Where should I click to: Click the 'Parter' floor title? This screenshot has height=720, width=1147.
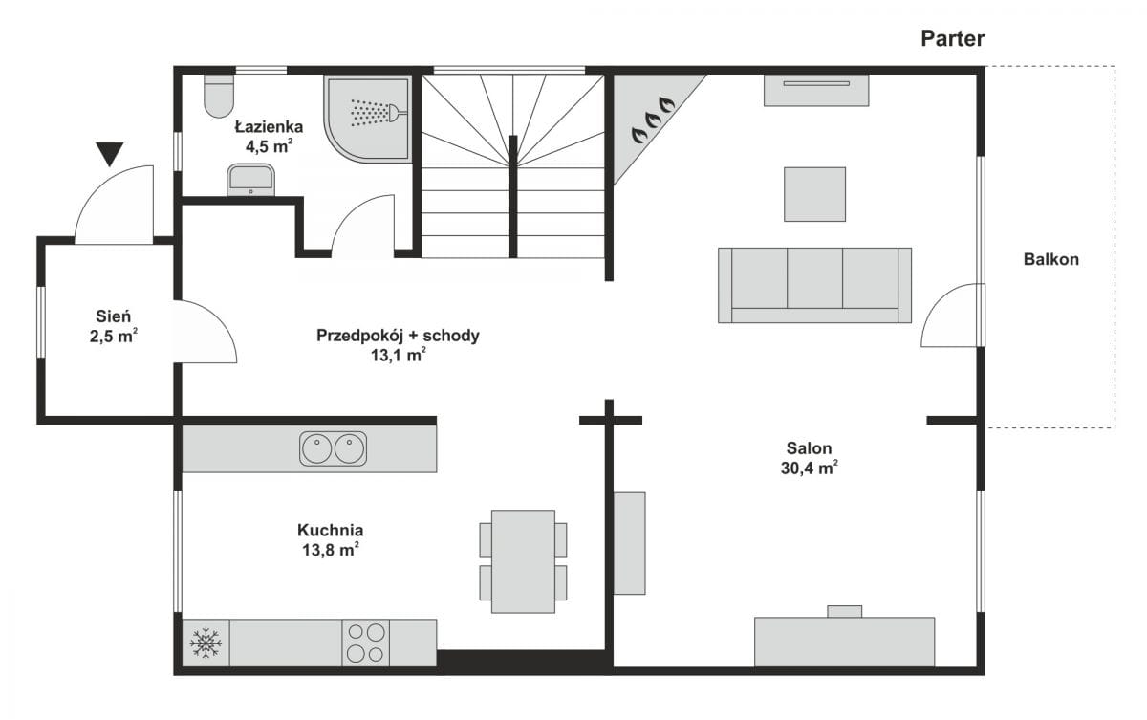coord(952,39)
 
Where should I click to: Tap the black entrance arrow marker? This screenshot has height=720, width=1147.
coord(110,154)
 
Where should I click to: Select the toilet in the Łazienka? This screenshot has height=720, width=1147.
coord(219,97)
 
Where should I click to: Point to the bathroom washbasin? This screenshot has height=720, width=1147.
coord(250,180)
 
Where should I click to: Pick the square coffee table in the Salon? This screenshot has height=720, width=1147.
coord(814,194)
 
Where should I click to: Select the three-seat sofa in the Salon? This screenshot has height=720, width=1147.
coord(814,285)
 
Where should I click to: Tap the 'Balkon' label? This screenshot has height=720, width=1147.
coord(1051,260)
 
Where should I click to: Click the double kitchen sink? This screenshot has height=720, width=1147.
coord(333,448)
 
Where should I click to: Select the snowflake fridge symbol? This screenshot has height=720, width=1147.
coord(206,643)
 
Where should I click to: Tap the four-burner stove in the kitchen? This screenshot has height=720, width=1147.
coord(365,643)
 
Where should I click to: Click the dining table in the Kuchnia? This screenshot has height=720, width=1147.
coord(523,561)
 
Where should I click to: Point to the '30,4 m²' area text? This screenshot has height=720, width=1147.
coord(810,469)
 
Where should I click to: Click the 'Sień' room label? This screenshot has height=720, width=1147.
coord(113,316)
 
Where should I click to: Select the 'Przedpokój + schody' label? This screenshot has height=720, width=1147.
coord(398,336)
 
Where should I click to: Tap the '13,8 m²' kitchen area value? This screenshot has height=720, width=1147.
coord(331,550)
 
